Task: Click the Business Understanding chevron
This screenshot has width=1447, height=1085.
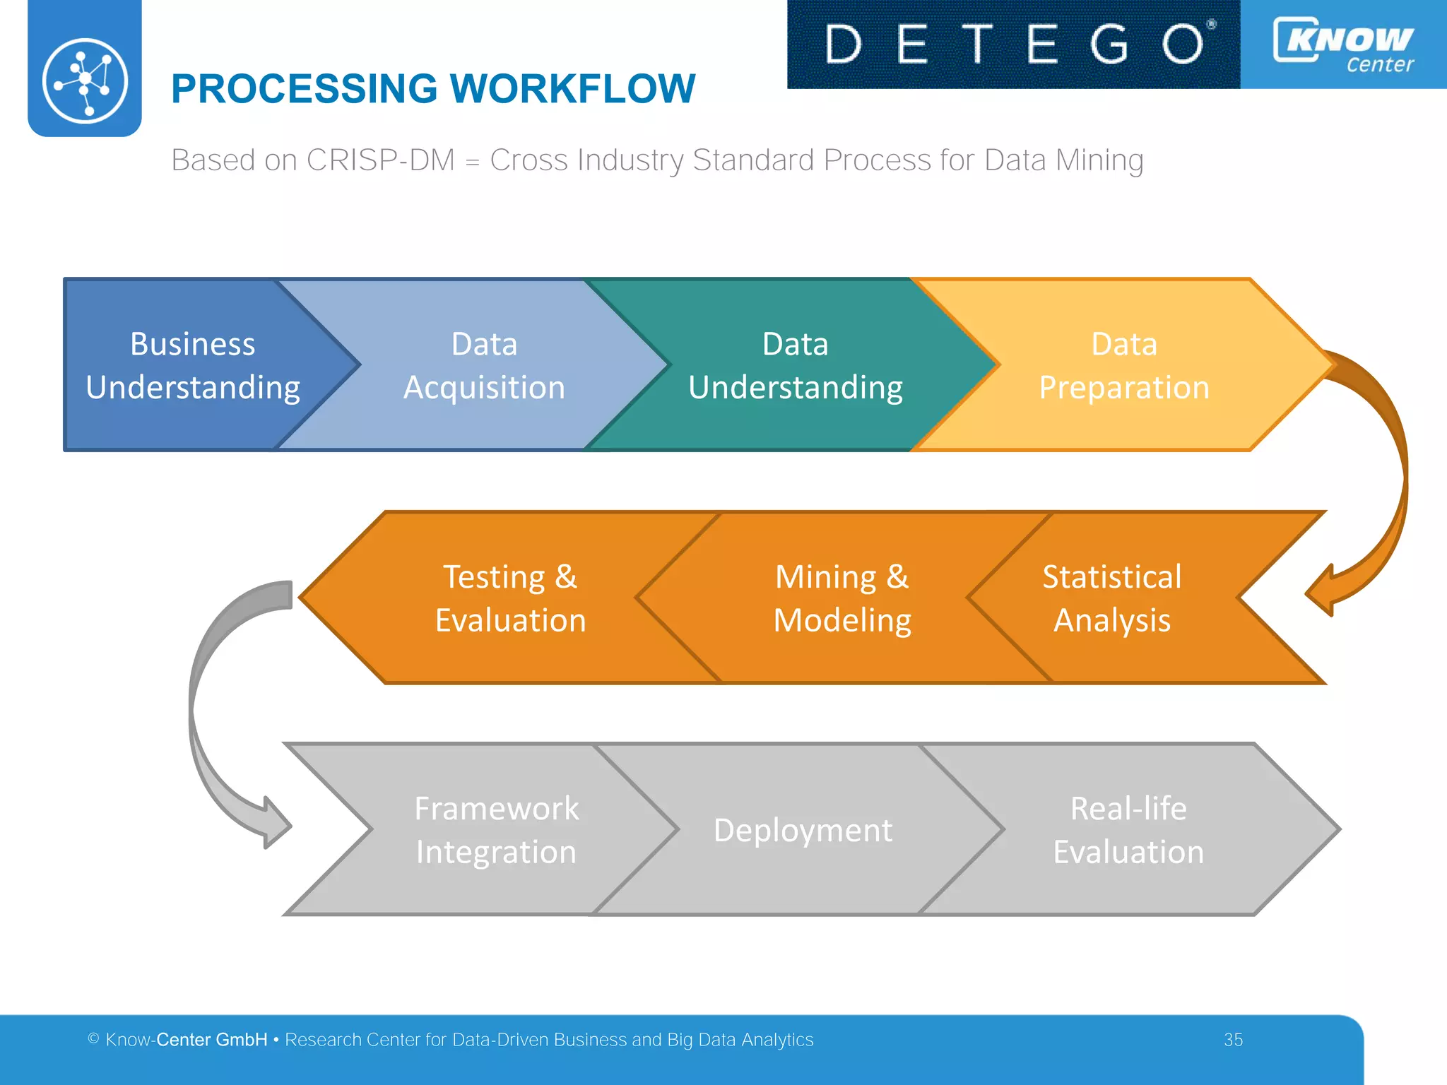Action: coord(192,365)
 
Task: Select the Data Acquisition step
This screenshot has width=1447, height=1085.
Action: coord(484,365)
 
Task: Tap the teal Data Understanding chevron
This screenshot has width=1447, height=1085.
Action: coord(796,365)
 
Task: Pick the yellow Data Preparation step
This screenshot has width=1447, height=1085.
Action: coord(1123,365)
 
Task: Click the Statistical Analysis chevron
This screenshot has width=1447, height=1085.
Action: coord(1111,598)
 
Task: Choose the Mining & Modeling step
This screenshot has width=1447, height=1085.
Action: coord(842,598)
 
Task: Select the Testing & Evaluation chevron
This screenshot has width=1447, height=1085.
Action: coord(510,598)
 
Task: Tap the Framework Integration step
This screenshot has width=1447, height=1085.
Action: coord(496,829)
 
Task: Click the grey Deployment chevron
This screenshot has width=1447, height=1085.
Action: coord(803,829)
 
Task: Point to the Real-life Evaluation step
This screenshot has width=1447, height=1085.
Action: coord(1128,829)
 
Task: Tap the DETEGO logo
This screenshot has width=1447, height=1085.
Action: coord(1013,44)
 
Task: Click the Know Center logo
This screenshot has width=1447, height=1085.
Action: coord(1343,44)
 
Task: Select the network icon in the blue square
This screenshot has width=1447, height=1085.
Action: coord(85,81)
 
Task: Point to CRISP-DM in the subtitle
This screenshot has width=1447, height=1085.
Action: coord(381,160)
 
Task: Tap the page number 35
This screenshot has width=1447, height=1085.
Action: coord(1233,1040)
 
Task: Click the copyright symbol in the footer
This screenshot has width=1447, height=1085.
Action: coord(93,1038)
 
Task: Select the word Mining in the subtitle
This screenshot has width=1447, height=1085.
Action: coord(1100,160)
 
